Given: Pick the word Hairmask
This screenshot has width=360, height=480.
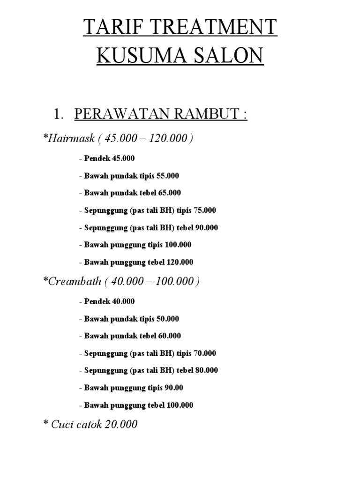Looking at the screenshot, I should click(x=71, y=138).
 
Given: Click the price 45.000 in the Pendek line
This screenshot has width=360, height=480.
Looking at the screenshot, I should click(x=123, y=158).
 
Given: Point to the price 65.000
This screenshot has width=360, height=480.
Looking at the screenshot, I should click(x=169, y=193).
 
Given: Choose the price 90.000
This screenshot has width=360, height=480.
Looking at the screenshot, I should click(x=206, y=228).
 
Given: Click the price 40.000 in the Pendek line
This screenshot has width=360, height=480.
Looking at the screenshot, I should click(x=123, y=301).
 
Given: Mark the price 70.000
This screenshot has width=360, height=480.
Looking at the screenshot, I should click(x=205, y=353).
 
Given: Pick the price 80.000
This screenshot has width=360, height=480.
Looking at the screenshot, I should click(x=206, y=370).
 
